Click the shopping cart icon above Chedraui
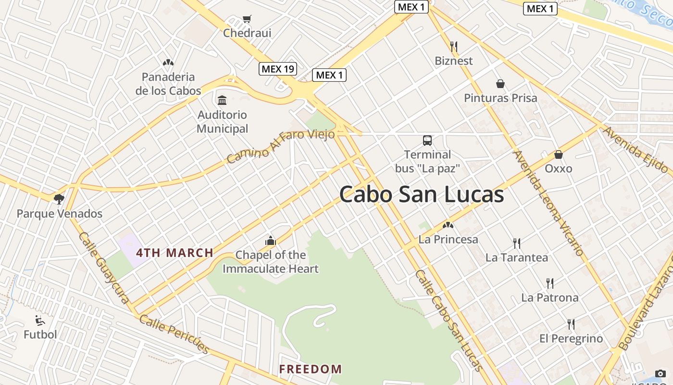(247, 19)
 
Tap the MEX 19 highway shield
(278, 69)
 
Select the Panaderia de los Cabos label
(168, 84)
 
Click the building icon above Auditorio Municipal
(222, 101)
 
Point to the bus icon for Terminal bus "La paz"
(427, 141)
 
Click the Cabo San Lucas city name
(422, 195)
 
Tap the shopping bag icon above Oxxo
(559, 154)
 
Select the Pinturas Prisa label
(500, 98)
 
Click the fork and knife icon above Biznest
(453, 47)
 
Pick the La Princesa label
(449, 239)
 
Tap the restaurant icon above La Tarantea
(517, 243)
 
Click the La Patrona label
(550, 297)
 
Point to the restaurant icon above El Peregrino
(571, 324)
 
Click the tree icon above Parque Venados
(59, 199)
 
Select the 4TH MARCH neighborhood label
(174, 253)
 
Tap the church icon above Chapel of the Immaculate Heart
(271, 241)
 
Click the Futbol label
(40, 334)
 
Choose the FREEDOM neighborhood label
(311, 369)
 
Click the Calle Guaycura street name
(104, 268)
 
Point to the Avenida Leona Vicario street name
(548, 203)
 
